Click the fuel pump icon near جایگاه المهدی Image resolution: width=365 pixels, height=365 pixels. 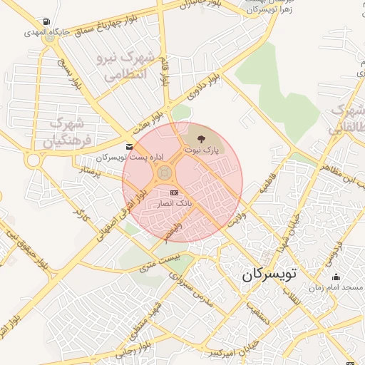pyautogui.click(x=47, y=22)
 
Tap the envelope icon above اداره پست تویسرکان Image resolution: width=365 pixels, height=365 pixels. pyautogui.click(x=129, y=147)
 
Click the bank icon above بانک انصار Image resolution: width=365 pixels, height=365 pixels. pyautogui.click(x=174, y=193)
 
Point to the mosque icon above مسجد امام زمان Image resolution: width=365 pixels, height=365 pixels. pyautogui.click(x=336, y=277)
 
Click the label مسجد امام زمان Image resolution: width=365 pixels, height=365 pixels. pyautogui.click(x=339, y=288)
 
